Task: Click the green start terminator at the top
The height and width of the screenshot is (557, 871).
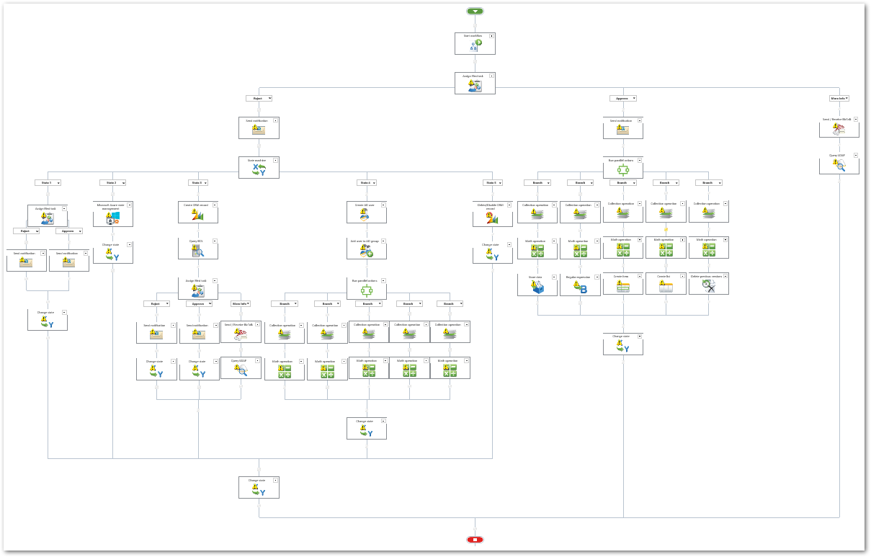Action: pyautogui.click(x=475, y=12)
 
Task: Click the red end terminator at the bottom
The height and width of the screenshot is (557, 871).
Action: pyautogui.click(x=475, y=540)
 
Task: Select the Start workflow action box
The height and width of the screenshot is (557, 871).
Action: pyautogui.click(x=475, y=43)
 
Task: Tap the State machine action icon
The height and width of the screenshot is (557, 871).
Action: pyautogui.click(x=259, y=170)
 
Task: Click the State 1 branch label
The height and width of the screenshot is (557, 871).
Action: pyautogui.click(x=48, y=183)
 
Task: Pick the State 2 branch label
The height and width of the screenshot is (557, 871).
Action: pyautogui.click(x=112, y=183)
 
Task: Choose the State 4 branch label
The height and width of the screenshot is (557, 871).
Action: pyautogui.click(x=366, y=183)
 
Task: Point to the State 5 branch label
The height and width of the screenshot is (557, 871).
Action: pyautogui.click(x=492, y=183)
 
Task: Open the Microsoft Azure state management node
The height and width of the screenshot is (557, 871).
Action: pyautogui.click(x=113, y=214)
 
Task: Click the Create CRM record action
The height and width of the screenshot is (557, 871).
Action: pyautogui.click(x=198, y=213)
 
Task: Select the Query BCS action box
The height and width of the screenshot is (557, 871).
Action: pyautogui.click(x=198, y=249)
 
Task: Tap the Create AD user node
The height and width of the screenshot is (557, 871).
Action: pyautogui.click(x=366, y=213)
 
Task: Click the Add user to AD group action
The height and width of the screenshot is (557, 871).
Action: pyautogui.click(x=366, y=249)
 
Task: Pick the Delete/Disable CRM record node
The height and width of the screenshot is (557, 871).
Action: pyautogui.click(x=492, y=213)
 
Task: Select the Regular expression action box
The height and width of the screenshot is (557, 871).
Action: pyautogui.click(x=580, y=284)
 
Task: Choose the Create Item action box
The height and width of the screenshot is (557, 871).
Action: pyautogui.click(x=622, y=284)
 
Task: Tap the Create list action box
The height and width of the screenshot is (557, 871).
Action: pyautogui.click(x=665, y=284)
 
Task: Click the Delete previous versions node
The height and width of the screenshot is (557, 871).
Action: pyautogui.click(x=708, y=284)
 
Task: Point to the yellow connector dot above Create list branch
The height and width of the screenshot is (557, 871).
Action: pyautogui.click(x=666, y=230)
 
